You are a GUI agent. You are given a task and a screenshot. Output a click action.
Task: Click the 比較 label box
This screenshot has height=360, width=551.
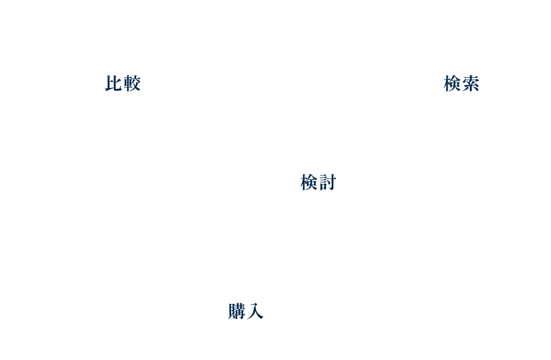click(x=123, y=82)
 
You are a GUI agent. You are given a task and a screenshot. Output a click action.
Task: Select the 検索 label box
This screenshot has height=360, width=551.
click(x=462, y=82)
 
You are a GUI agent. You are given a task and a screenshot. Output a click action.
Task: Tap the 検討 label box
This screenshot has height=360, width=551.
click(x=318, y=181)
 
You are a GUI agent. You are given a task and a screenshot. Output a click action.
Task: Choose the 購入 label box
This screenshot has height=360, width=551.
click(x=246, y=310)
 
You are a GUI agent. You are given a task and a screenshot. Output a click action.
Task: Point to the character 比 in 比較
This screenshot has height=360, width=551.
click(x=113, y=83)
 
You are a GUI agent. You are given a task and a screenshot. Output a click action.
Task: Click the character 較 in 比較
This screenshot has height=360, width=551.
click(x=132, y=83)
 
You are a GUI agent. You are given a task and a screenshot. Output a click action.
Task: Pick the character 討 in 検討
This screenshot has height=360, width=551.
click(x=328, y=182)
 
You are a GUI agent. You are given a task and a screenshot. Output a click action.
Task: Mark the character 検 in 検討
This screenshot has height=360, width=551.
click(x=309, y=182)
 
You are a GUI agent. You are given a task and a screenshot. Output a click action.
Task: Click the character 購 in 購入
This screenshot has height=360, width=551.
click(x=237, y=311)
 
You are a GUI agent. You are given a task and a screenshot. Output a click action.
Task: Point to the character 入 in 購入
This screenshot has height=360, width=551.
click(x=256, y=311)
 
